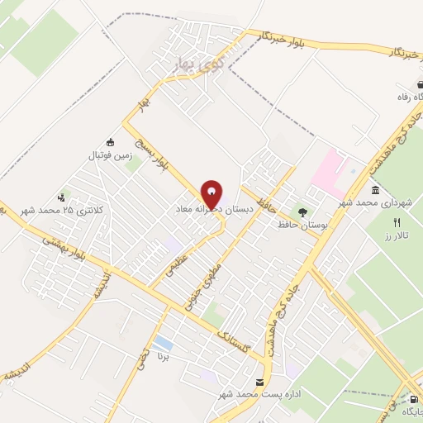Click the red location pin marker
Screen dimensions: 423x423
(x=211, y=193)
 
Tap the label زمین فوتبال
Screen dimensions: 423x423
(x=110, y=154)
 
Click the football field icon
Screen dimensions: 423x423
(x=110, y=141)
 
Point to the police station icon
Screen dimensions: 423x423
(x=61, y=197)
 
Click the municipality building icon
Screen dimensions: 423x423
(x=376, y=191)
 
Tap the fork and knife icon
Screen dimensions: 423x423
(x=397, y=222)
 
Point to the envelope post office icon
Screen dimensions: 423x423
(x=260, y=383)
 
